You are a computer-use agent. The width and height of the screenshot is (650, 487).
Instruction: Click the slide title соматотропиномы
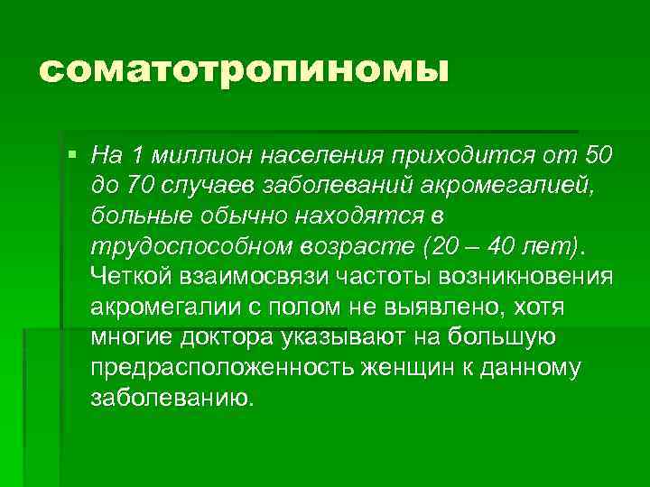(243, 71)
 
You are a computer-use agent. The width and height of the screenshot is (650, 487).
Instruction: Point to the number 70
(142, 185)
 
